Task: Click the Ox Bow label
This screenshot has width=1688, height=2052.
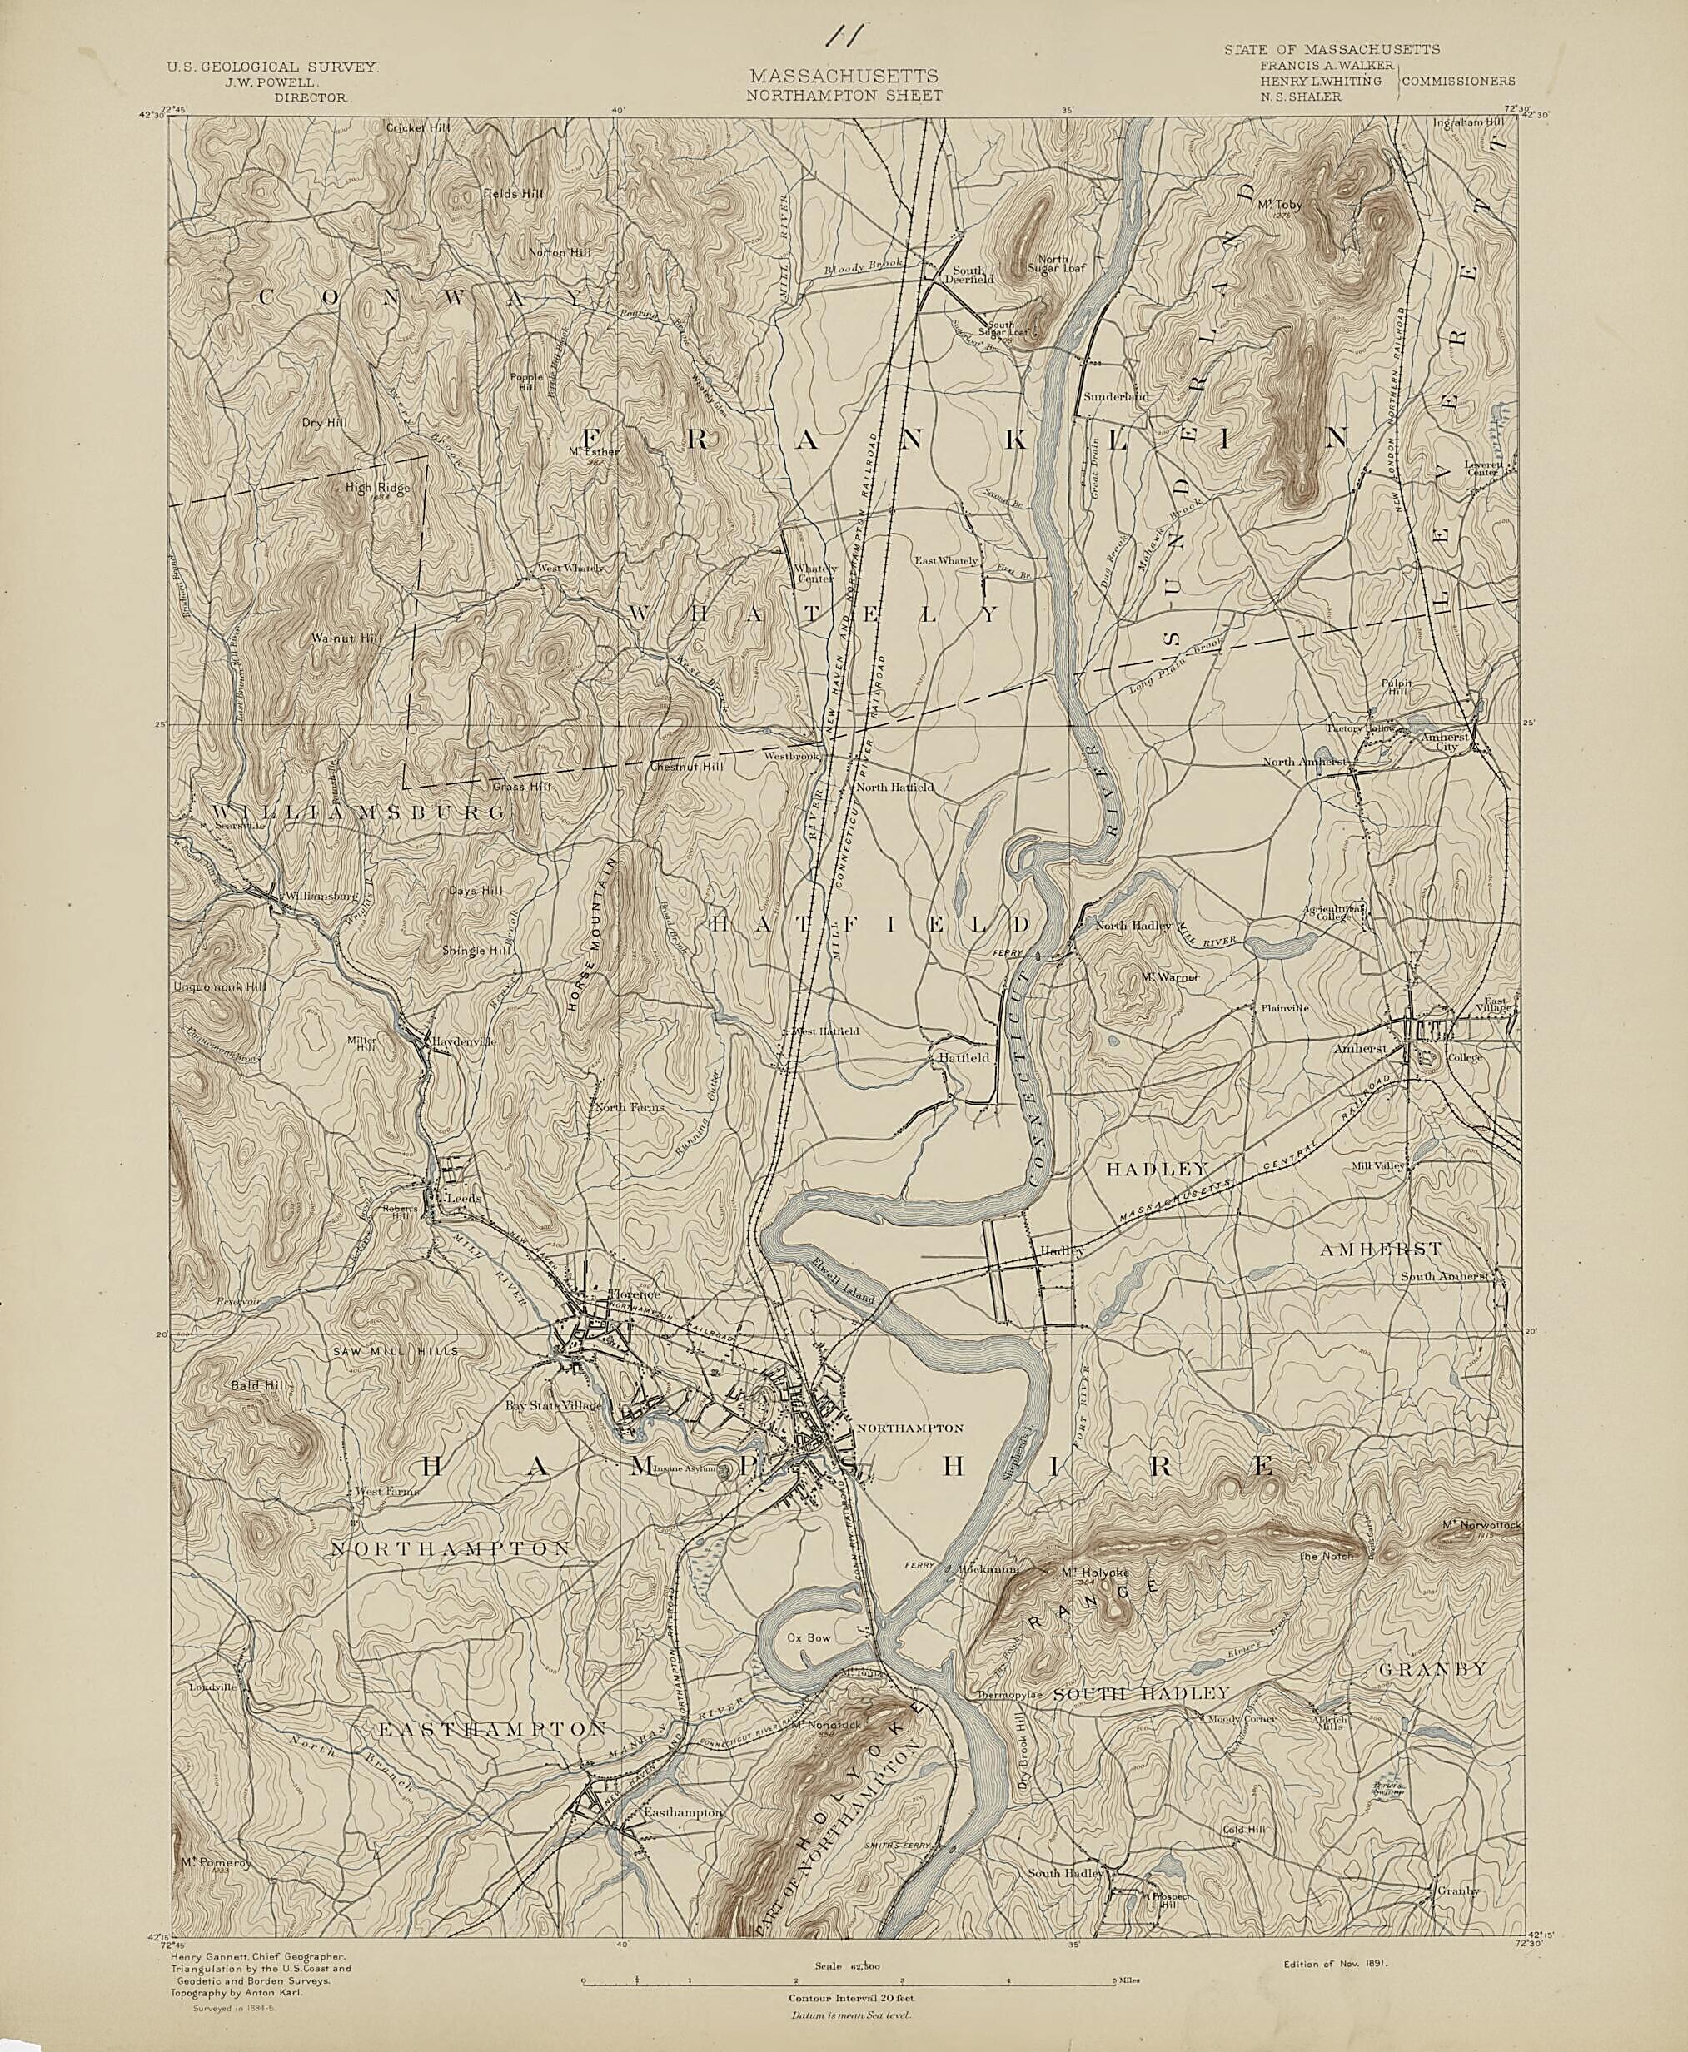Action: (809, 1637)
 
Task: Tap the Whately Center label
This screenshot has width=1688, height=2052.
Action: (814, 574)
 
